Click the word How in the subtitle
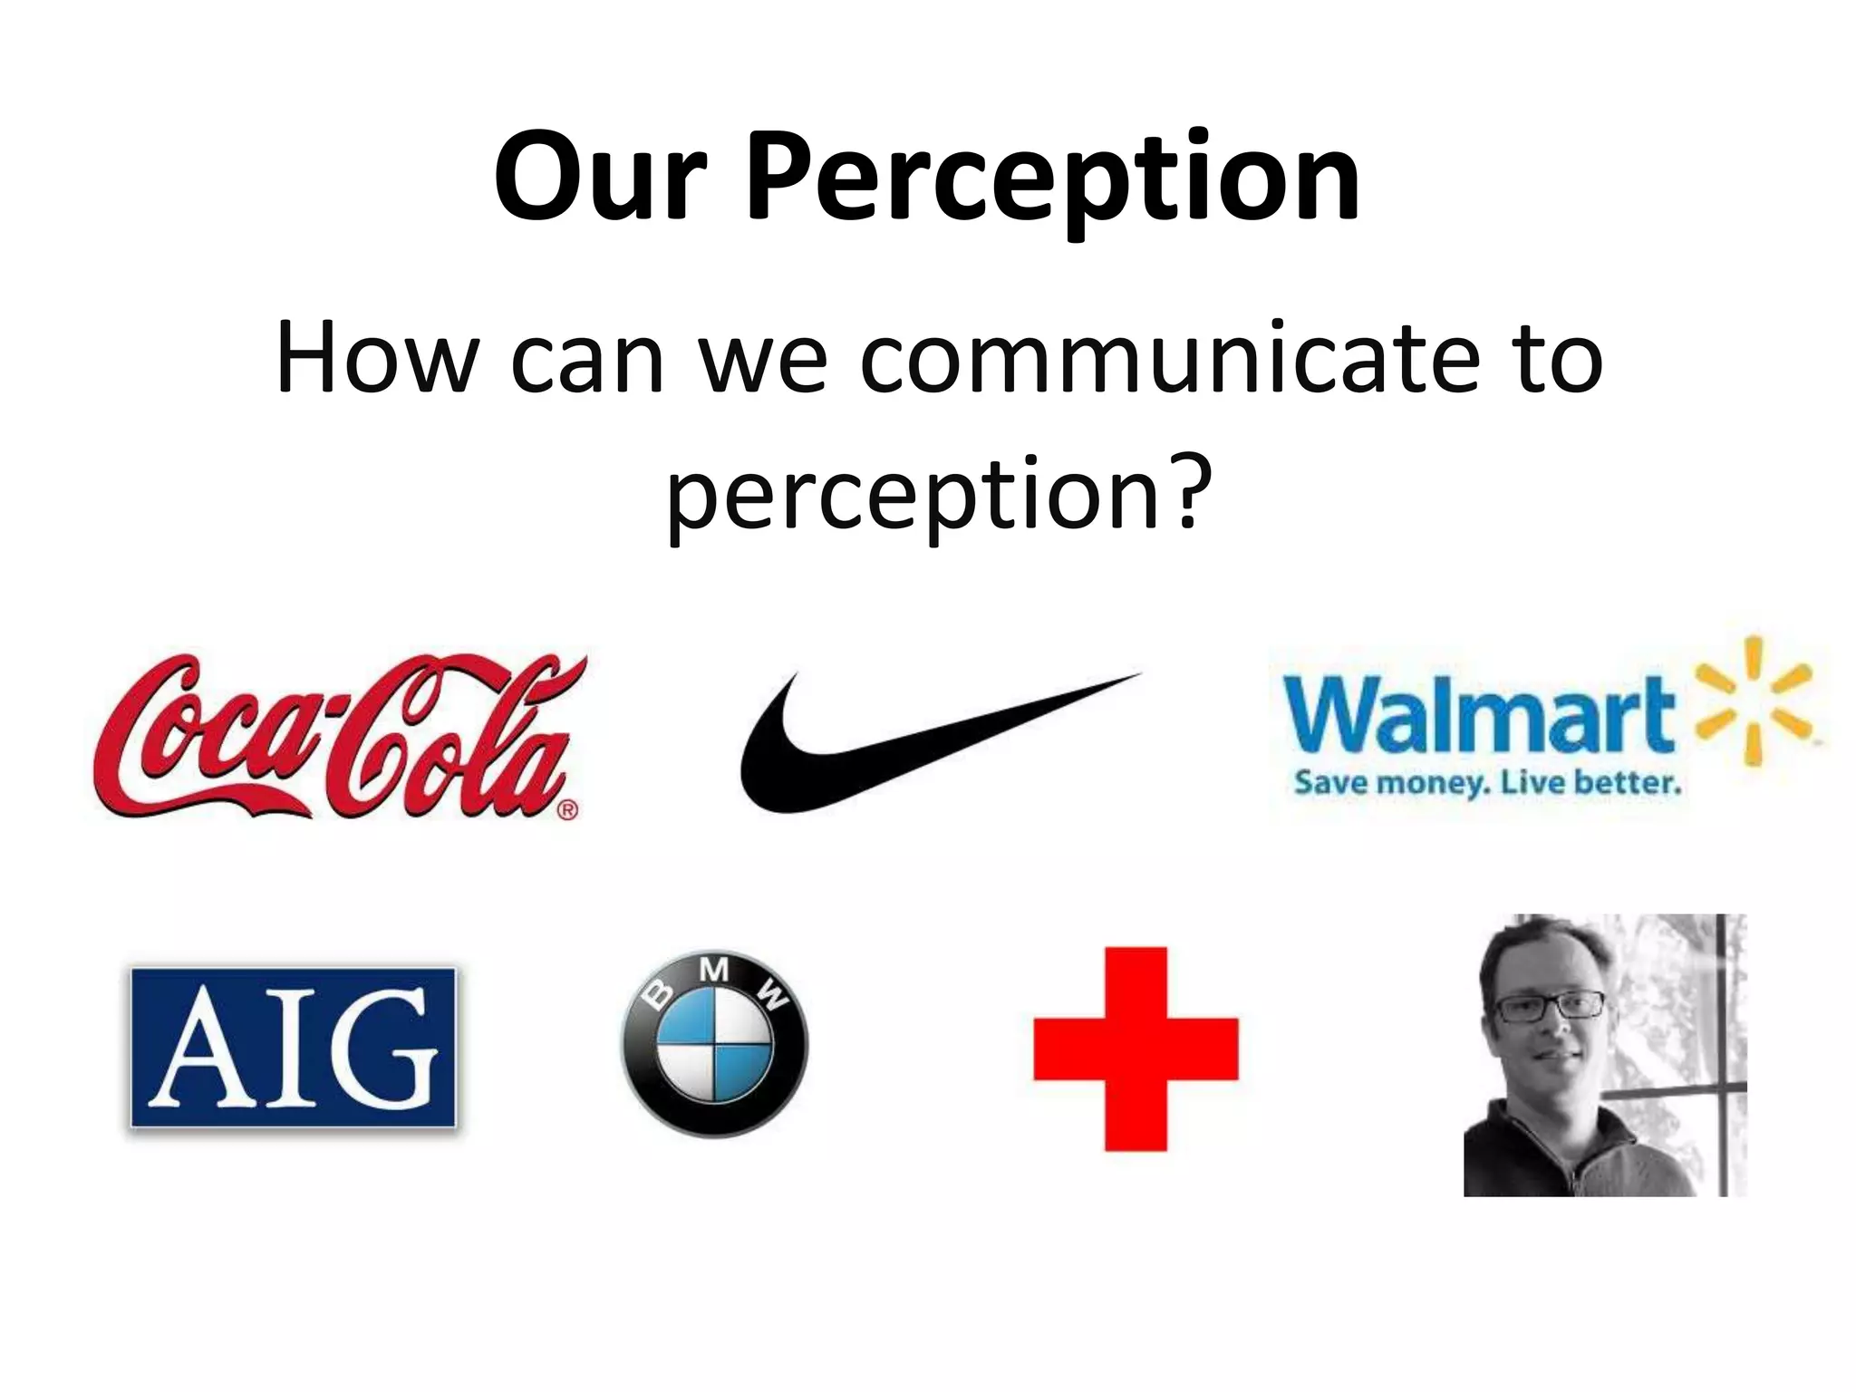pos(375,360)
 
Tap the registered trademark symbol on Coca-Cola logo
pos(566,809)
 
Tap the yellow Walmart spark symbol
pos(1754,700)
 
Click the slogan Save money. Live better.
pos(1487,781)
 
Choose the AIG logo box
pos(293,1048)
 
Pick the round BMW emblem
pos(714,1044)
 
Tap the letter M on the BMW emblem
pos(714,971)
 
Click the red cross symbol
pos(1136,1049)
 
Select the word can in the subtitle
pos(586,360)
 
